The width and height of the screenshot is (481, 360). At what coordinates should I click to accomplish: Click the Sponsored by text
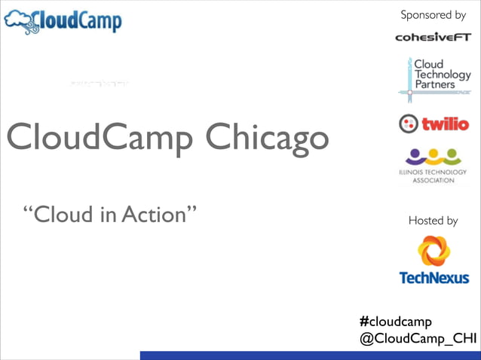coord(433,15)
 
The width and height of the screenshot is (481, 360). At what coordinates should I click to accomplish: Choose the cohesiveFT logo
coord(433,37)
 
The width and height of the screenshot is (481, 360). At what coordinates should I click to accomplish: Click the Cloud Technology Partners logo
coord(434,78)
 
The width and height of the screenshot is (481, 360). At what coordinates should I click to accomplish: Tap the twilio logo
coord(434,124)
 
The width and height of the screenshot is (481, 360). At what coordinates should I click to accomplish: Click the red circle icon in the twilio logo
coord(408,124)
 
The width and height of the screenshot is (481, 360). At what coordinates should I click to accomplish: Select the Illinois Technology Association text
coord(434,176)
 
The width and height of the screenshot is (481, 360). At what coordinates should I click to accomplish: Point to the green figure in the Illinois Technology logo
coord(452,157)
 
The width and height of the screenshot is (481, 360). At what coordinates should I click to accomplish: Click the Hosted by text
coord(433,221)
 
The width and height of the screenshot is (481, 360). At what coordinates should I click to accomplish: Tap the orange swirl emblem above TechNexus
coord(434,250)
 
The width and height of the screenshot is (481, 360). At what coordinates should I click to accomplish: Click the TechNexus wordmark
coord(434,278)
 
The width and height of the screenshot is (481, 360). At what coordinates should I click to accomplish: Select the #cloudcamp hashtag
coord(396,322)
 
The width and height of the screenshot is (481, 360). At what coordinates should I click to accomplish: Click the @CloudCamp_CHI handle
coord(418,339)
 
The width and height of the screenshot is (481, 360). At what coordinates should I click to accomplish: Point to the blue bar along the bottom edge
coord(310,355)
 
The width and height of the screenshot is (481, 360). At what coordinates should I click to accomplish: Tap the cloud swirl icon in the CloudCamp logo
coord(20,22)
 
